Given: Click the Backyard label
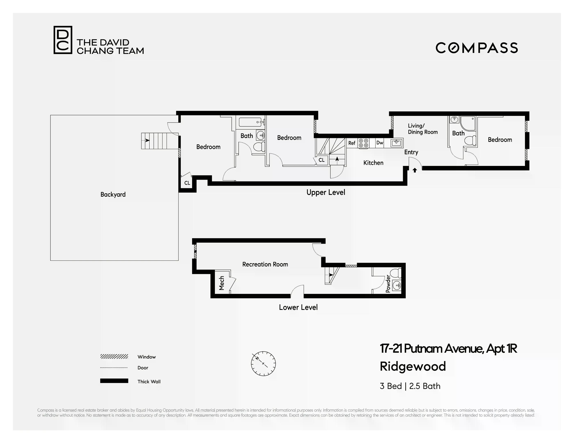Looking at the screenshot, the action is click(113, 194).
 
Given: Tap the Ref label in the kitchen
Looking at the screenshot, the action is click(352, 143).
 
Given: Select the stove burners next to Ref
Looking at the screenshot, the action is click(364, 143).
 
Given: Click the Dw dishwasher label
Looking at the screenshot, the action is click(380, 143).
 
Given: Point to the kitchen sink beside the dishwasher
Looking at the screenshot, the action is click(396, 143).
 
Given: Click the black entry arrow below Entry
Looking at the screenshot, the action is click(415, 170).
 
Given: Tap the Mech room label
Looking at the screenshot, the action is click(222, 283).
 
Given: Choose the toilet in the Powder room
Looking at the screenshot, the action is click(396, 273).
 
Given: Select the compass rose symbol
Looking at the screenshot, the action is click(263, 364).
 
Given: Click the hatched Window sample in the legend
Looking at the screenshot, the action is click(114, 357).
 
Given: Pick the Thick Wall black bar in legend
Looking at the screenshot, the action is click(114, 381).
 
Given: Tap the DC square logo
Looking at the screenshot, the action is click(63, 40).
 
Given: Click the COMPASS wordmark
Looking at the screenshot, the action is click(477, 48).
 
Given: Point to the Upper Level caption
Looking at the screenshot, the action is click(326, 192).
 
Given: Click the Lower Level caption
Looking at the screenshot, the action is click(298, 307).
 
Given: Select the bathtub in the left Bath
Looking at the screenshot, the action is click(251, 122).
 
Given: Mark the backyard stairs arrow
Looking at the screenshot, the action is click(147, 140).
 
